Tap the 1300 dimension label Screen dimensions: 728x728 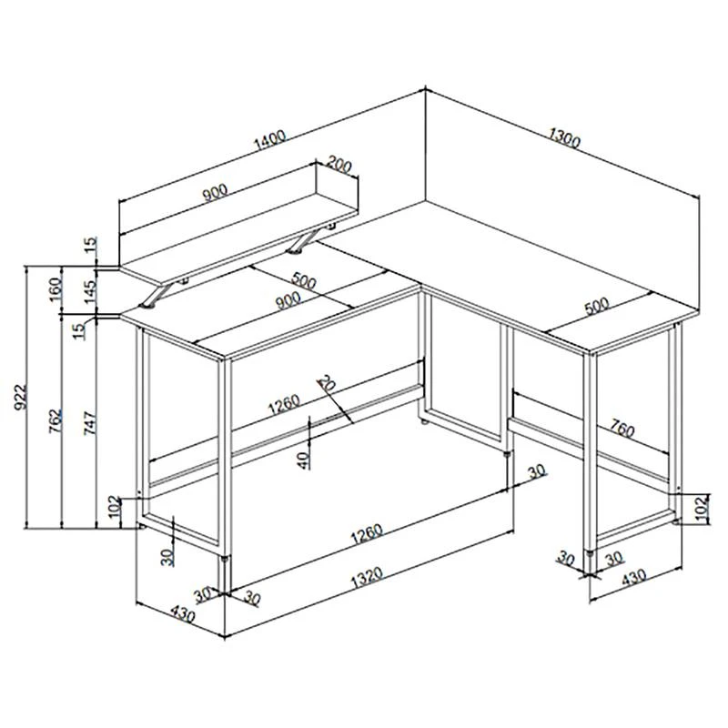pos(564,138)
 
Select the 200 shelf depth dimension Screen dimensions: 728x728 pos(339,165)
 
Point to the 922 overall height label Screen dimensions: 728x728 pos(21,398)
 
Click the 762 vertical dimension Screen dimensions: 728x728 pos(56,421)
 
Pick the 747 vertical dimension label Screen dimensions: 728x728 pos(90,422)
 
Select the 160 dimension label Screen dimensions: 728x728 pos(56,289)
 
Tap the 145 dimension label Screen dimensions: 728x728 pos(90,291)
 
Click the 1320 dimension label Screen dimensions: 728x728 pos(367,577)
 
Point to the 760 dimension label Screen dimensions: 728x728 pos(622,429)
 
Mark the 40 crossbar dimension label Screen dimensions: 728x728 pos(303,460)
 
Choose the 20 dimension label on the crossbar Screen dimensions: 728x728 pos(327,383)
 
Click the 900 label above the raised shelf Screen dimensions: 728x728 pos(215,192)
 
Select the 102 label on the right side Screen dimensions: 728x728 pos(703,507)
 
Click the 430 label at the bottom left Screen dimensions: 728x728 pos(183,613)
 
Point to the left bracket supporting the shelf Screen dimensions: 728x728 pos(156,295)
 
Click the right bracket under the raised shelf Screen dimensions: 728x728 pos(303,241)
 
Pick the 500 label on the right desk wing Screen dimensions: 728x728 pos(597,307)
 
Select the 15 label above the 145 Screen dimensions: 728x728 pos(91,244)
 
